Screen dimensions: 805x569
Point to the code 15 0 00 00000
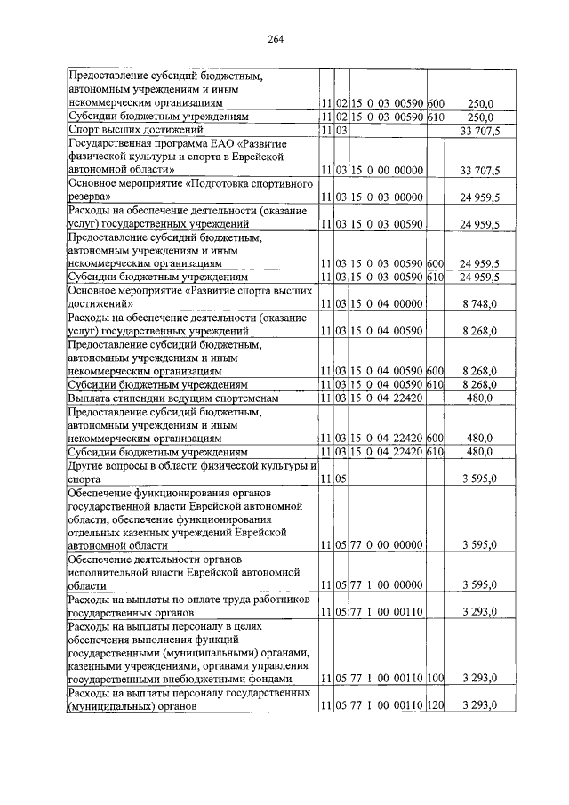[386, 169]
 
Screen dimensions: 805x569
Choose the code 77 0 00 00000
[386, 544]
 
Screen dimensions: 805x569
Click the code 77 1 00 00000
[386, 585]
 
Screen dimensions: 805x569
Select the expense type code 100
[435, 679]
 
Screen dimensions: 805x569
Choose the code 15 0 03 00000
[386, 196]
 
